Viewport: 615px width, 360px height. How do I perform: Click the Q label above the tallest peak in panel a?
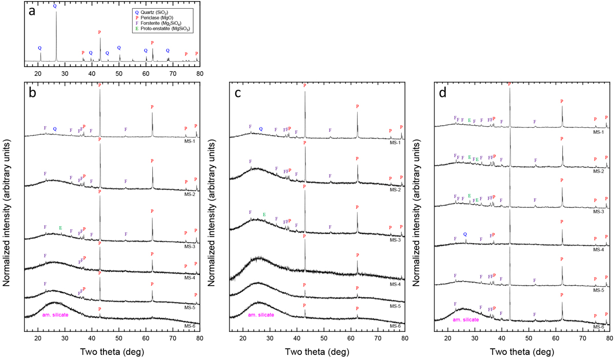click(55, 6)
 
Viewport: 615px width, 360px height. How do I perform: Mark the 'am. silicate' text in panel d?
click(466, 319)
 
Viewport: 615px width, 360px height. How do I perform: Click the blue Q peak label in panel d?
click(465, 234)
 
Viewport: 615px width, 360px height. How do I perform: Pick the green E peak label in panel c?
click(264, 214)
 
